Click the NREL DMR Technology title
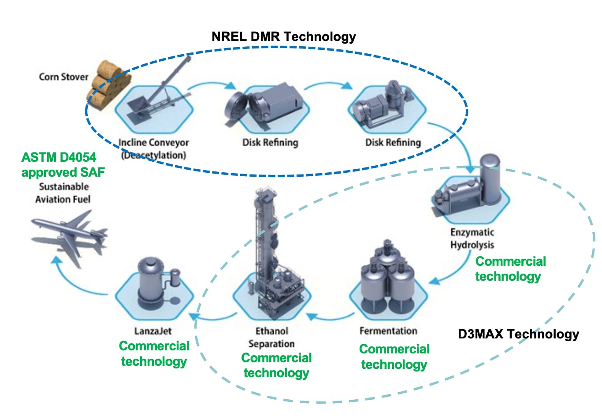point(283,36)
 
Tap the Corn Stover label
point(63,77)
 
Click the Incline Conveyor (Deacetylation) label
point(153,149)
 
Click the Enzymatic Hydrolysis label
point(472,238)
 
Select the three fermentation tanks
point(388,278)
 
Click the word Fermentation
point(388,331)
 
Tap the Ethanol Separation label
point(271,337)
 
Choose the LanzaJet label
point(153,331)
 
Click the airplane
point(71,234)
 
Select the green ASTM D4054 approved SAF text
point(63,164)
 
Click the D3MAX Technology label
point(518,334)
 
